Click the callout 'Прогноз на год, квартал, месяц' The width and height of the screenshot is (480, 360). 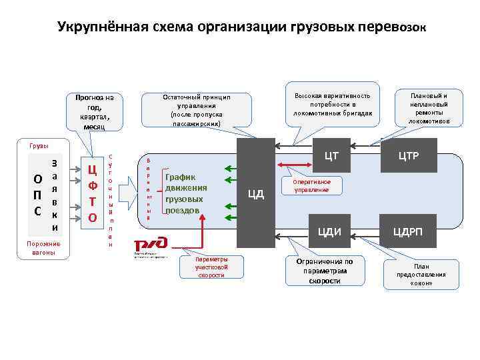point(95,112)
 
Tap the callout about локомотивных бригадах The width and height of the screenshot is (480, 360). point(331,105)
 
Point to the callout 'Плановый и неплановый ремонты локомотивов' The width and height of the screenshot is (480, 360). point(429,108)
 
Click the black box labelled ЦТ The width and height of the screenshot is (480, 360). point(331,156)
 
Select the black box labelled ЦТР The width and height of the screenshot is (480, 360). point(408,156)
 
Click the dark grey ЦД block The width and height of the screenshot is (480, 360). point(256,194)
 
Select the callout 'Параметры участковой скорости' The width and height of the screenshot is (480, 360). point(211,267)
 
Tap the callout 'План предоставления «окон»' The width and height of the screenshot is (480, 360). point(421,274)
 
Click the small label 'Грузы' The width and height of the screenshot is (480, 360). point(38,145)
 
